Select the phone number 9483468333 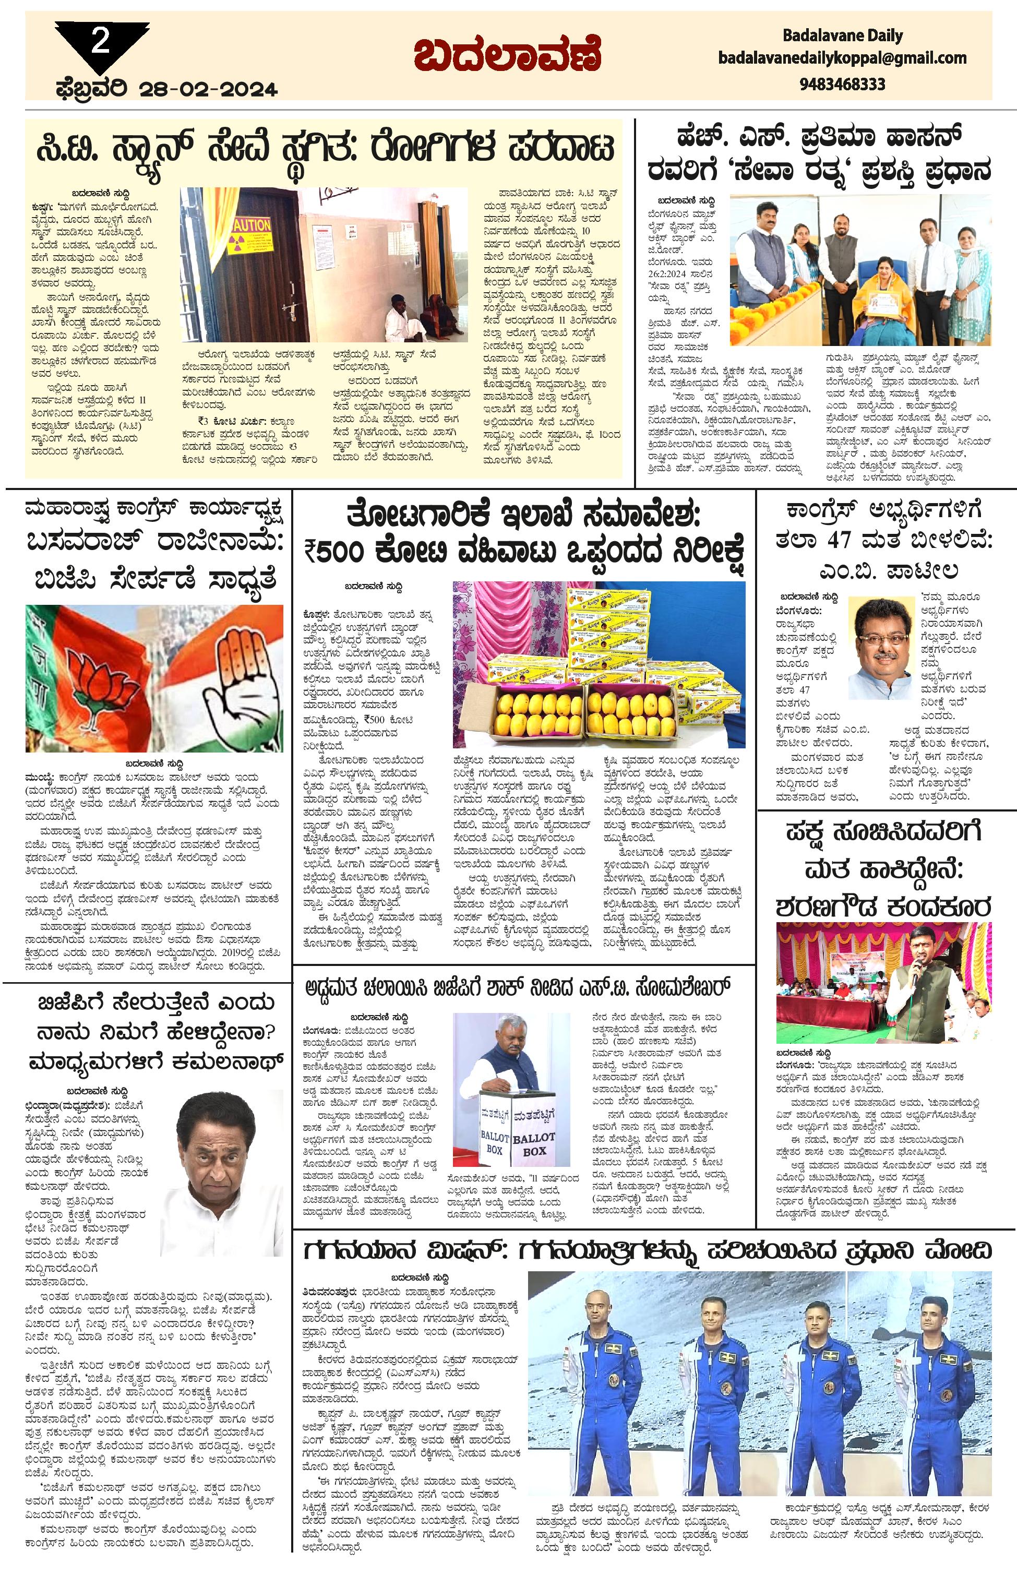click(842, 84)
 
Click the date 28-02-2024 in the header click(209, 89)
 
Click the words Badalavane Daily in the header click(843, 35)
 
